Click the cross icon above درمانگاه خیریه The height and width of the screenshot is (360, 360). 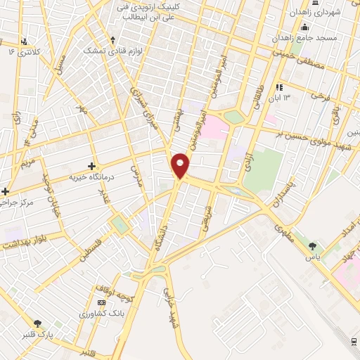tap(91, 166)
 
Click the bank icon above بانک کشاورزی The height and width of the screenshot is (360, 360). tap(100, 302)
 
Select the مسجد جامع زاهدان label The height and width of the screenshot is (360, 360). tap(309, 37)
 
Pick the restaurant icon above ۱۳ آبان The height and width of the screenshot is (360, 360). tap(279, 87)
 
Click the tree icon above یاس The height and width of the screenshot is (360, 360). tap(312, 247)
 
